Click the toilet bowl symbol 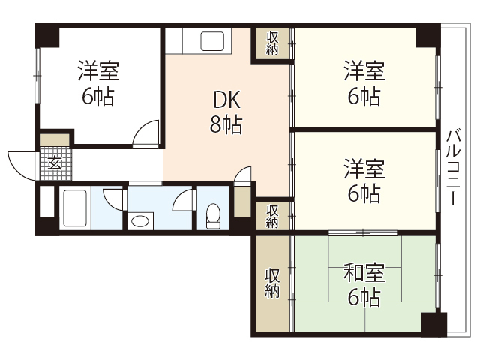[x=213, y=214]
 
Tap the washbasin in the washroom [x=139, y=220]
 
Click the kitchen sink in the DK [x=209, y=40]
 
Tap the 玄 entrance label [x=55, y=163]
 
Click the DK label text [x=226, y=100]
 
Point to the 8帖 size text [x=226, y=124]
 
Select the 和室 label [x=364, y=271]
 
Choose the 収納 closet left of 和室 [x=272, y=282]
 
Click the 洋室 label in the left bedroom [x=98, y=72]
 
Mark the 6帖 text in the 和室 [x=364, y=296]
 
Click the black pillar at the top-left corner [x=46, y=36]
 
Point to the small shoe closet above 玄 [x=54, y=139]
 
